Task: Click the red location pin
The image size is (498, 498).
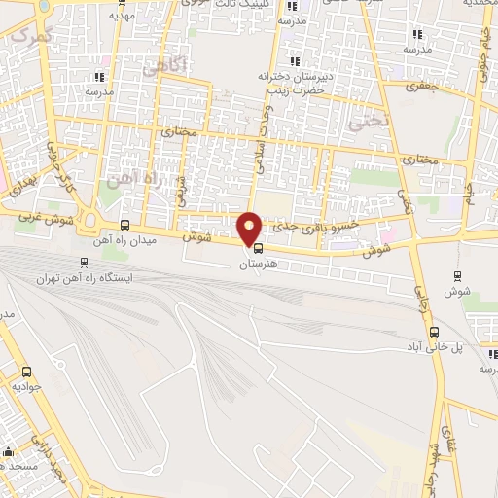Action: [x=250, y=228]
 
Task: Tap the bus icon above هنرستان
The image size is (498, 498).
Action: [x=258, y=246]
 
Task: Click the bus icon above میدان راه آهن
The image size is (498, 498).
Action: [x=124, y=225]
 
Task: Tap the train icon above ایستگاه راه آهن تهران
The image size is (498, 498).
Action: [x=84, y=261]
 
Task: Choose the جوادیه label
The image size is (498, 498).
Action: [x=26, y=385]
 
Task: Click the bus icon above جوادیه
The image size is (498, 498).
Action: [x=26, y=371]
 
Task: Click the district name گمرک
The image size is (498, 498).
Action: [x=31, y=35]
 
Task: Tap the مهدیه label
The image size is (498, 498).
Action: [x=121, y=16]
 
